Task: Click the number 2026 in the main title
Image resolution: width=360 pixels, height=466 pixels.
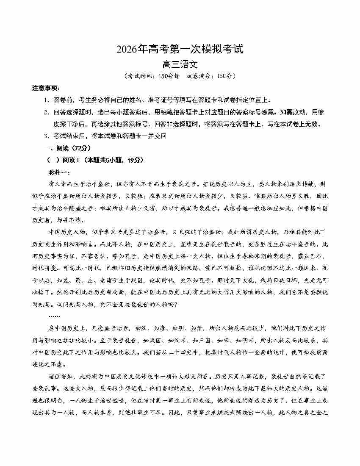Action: pyautogui.click(x=127, y=50)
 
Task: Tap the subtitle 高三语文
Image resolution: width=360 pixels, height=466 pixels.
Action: pyautogui.click(x=180, y=65)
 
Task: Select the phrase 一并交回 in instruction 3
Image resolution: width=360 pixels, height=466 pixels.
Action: pyautogui.click(x=154, y=136)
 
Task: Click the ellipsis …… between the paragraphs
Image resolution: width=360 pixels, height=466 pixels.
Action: pyautogui.click(x=54, y=316)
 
